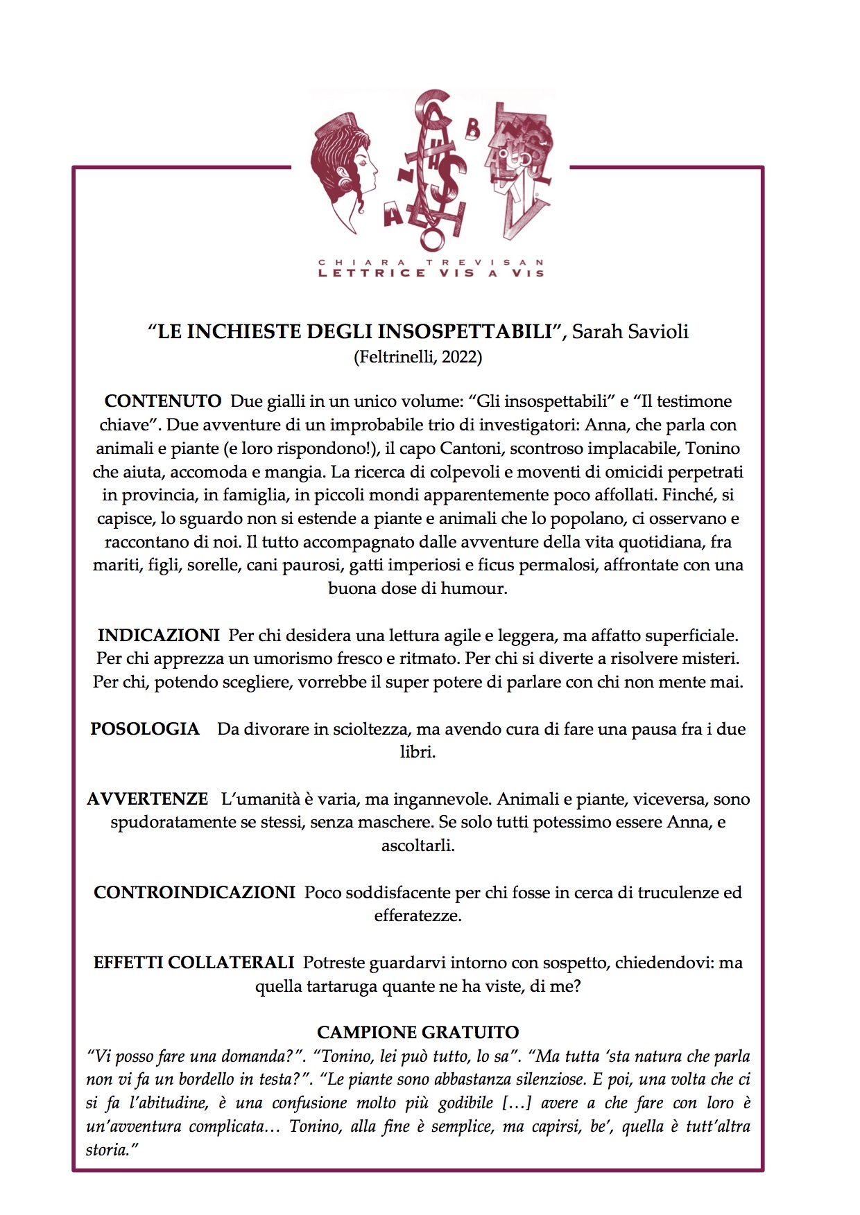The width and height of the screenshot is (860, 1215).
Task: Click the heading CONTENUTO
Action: (162, 401)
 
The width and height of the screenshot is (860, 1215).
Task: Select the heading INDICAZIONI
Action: (158, 635)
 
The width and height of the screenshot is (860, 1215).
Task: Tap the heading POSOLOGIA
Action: (145, 728)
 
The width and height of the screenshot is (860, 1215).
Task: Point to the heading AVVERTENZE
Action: (147, 798)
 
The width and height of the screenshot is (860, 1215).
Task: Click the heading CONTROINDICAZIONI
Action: (194, 892)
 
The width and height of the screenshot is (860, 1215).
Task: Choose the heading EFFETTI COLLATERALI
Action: (193, 962)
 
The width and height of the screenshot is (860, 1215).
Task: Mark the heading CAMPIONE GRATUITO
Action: (418, 1032)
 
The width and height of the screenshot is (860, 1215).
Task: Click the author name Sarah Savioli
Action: (630, 331)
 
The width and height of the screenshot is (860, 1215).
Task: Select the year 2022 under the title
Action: (461, 357)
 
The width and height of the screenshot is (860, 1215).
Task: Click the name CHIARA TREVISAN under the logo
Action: (430, 263)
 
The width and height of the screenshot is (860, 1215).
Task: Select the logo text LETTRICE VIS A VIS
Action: (430, 273)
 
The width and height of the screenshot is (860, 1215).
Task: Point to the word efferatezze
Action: (417, 916)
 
